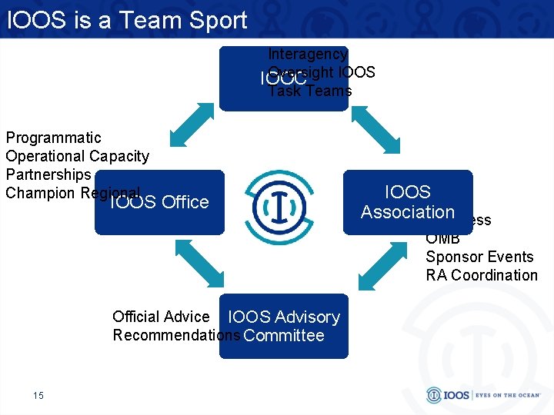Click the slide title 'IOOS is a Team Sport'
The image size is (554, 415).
click(127, 20)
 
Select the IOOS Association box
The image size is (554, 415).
click(408, 202)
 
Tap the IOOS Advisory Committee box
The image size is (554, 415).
click(284, 327)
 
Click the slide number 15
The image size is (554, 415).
click(38, 395)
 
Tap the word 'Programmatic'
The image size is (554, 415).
click(54, 138)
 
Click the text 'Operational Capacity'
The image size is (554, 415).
click(77, 156)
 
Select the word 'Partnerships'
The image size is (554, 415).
click(48, 174)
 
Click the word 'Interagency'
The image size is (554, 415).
click(308, 54)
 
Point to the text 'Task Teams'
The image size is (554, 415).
click(310, 91)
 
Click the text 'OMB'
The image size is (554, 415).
click(442, 238)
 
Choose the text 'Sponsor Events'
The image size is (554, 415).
click(479, 257)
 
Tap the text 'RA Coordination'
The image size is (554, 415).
click(482, 275)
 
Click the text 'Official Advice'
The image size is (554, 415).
click(161, 317)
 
